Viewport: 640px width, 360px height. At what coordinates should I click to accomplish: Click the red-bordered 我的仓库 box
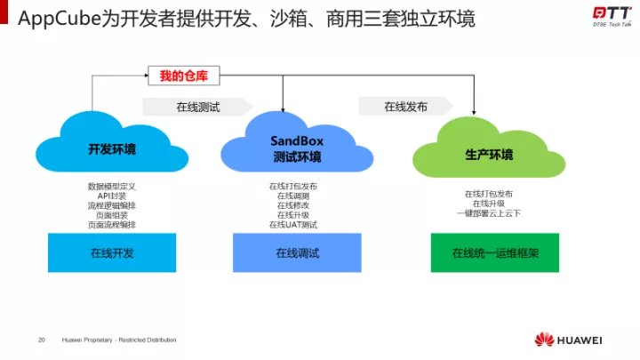click(182, 76)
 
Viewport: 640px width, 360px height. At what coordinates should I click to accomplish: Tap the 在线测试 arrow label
click(197, 107)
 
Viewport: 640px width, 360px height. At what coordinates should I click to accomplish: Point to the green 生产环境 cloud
click(489, 154)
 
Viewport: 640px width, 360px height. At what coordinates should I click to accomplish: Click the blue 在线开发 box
click(112, 253)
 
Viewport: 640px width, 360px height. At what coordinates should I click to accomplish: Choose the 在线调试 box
click(297, 253)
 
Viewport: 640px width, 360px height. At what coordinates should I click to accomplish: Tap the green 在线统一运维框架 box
click(494, 253)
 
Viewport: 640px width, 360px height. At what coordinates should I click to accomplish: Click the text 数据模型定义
click(112, 187)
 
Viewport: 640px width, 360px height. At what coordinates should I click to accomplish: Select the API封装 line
click(112, 196)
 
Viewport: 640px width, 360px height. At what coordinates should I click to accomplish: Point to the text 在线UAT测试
click(297, 225)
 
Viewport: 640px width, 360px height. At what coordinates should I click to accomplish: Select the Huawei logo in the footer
click(568, 340)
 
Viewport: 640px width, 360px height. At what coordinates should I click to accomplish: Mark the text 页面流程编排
click(112, 225)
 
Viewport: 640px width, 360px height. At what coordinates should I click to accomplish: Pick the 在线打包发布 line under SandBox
click(297, 187)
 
